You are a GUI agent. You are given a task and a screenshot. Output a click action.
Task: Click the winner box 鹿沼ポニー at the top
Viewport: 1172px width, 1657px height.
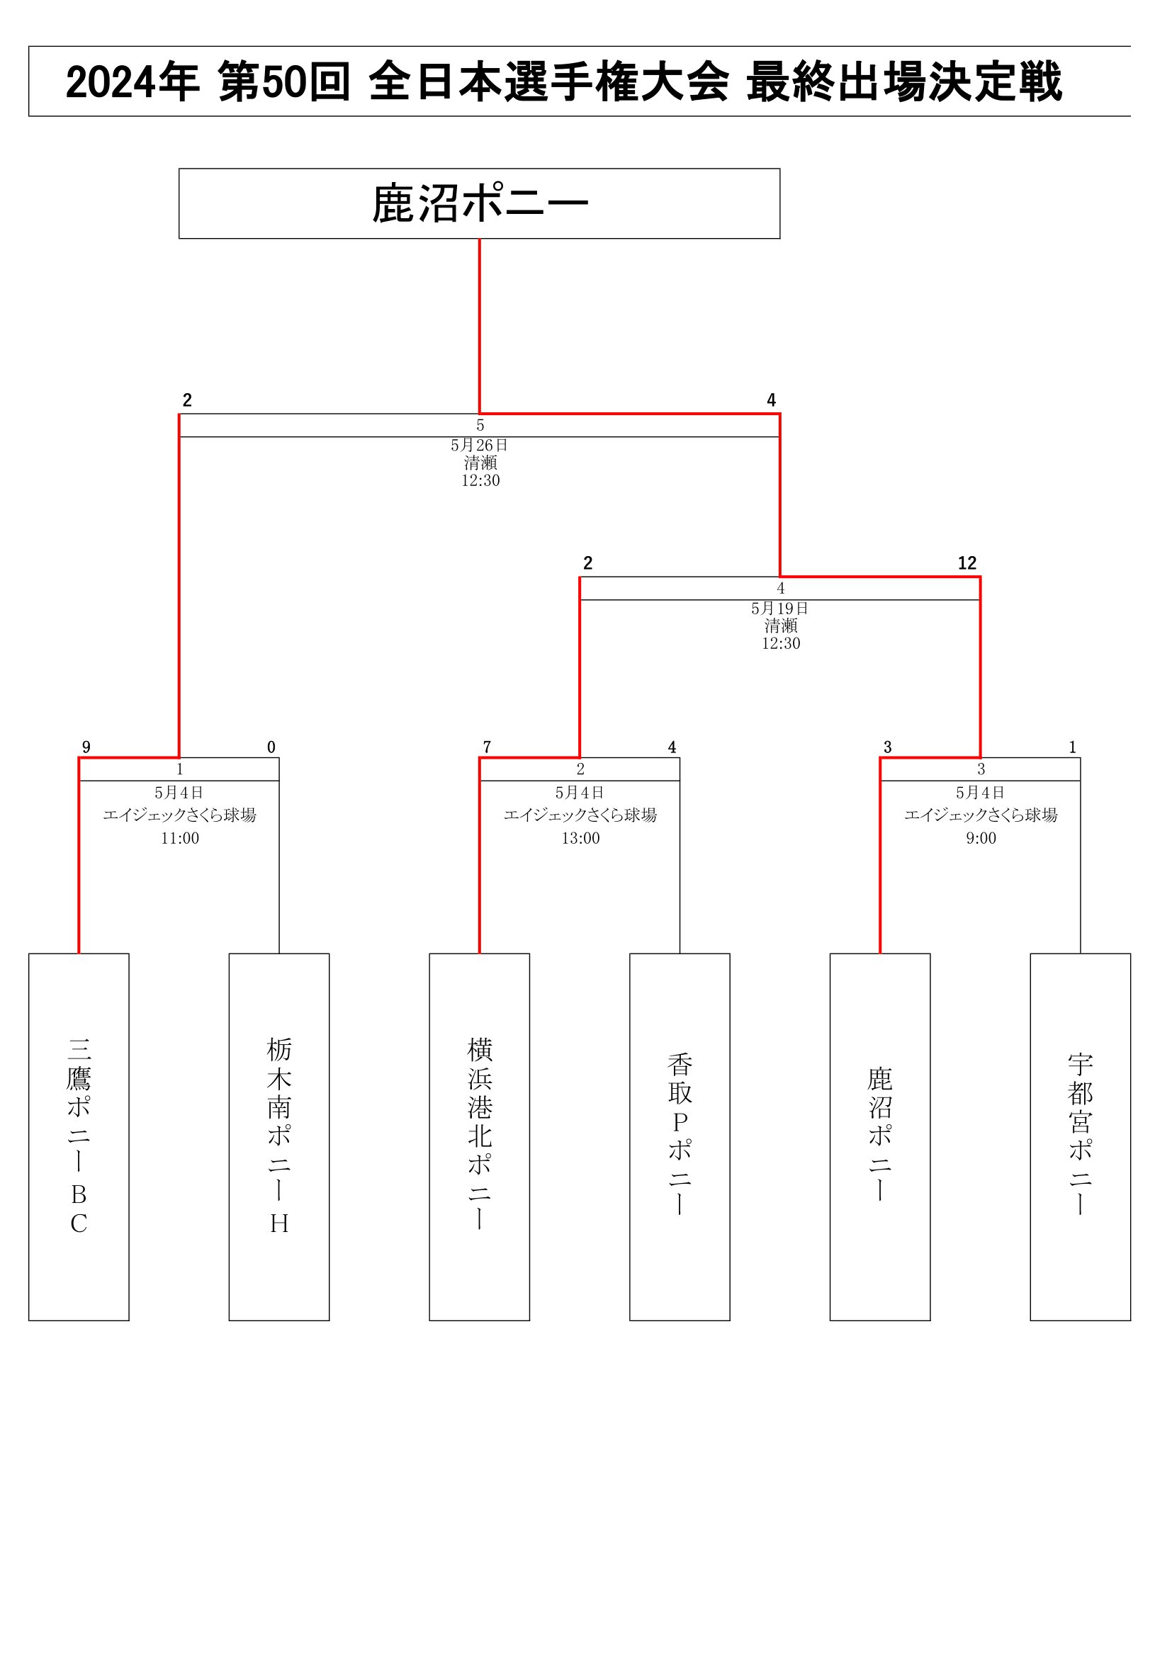pos(479,203)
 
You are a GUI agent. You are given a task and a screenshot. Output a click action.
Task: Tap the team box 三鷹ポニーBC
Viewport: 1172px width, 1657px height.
pos(79,1136)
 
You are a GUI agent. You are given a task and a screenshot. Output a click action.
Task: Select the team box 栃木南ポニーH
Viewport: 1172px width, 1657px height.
pos(279,1136)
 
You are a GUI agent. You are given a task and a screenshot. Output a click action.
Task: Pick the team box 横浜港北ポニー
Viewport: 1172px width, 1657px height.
pos(479,1136)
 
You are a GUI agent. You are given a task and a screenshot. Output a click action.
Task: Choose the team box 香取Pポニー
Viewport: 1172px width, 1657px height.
pos(680,1136)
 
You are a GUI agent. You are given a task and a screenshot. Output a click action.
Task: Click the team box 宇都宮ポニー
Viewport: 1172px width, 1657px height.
pos(1081,1136)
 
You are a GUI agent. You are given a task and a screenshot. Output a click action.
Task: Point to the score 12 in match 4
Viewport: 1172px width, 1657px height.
pos(967,563)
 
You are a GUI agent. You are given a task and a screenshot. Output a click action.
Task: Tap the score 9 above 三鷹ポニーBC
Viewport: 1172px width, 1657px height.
pos(86,747)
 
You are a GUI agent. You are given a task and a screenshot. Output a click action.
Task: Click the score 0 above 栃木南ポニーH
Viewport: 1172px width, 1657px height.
pos(271,747)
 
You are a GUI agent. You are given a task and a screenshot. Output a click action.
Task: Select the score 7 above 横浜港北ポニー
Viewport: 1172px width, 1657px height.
pos(487,747)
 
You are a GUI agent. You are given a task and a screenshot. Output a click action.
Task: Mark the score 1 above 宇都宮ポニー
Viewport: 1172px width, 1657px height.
pos(1072,747)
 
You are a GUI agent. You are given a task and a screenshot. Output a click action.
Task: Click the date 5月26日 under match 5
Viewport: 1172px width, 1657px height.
pos(480,446)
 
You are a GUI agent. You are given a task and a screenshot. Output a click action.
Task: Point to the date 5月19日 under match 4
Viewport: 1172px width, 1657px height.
pos(780,609)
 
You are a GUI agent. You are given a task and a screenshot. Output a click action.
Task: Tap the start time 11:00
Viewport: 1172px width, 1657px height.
pos(180,838)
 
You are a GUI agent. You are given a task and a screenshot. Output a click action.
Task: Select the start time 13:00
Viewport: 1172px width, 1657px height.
pos(581,838)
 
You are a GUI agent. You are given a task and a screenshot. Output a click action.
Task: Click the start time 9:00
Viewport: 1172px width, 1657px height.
pos(981,838)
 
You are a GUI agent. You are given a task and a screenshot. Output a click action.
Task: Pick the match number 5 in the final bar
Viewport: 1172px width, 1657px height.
pos(480,426)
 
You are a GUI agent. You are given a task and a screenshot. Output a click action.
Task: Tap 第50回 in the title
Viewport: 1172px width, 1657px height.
pos(284,81)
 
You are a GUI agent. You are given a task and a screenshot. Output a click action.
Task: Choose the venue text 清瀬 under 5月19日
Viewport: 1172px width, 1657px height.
pos(781,626)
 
